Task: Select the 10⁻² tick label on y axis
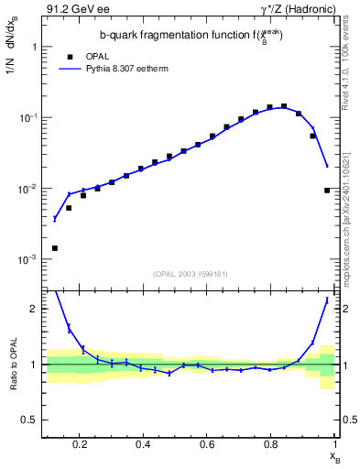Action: click(x=27, y=189)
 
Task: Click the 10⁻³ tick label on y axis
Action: click(x=27, y=260)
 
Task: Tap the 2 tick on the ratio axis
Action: click(x=35, y=309)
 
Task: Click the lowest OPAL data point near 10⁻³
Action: click(x=55, y=248)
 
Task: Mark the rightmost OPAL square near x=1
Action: click(x=327, y=191)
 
